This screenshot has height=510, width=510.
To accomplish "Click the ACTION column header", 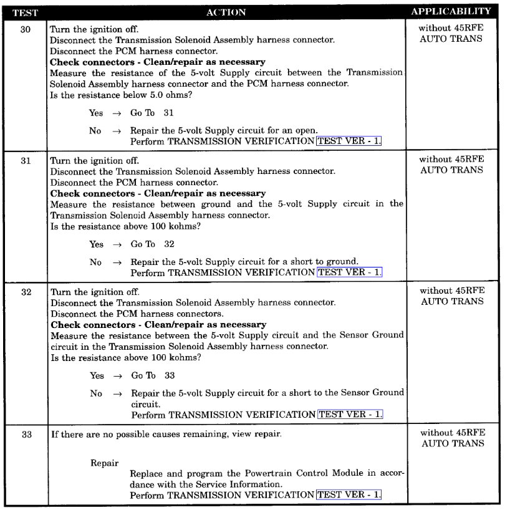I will (x=228, y=12).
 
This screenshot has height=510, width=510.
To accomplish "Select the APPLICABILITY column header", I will (x=452, y=12).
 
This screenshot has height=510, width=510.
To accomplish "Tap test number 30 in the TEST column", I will (x=25, y=29).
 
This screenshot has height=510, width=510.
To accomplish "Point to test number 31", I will (x=25, y=160).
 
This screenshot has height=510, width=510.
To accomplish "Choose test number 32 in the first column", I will (x=25, y=291).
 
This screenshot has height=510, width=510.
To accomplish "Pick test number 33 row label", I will (x=25, y=434).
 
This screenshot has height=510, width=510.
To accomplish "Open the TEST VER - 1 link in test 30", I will (x=349, y=142).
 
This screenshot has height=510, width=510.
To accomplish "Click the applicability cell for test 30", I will (x=451, y=34).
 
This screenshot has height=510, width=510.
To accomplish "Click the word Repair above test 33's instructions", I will (x=104, y=463).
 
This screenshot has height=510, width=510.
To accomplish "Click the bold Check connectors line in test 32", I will (x=158, y=325).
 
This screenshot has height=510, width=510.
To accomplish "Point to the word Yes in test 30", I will (x=97, y=113).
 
